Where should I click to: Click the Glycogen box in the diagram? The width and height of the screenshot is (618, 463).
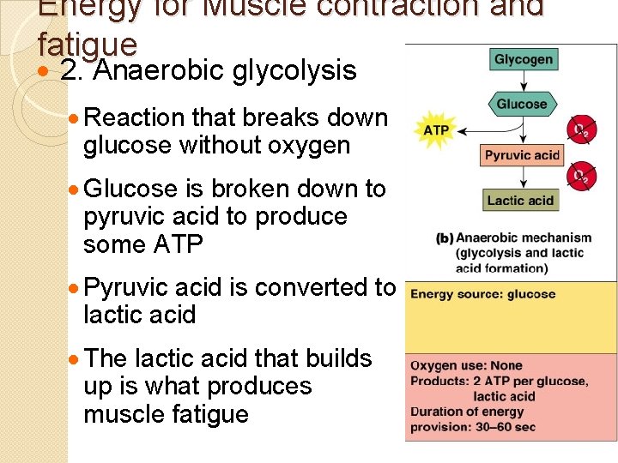click(524, 59)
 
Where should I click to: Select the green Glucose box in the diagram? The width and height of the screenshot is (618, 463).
click(521, 105)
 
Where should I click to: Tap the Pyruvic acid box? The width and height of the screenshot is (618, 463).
click(522, 155)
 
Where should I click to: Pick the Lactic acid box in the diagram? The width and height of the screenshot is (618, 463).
click(520, 201)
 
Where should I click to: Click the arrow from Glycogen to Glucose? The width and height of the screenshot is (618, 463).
click(523, 82)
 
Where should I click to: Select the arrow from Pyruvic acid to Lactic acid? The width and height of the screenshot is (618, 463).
click(522, 177)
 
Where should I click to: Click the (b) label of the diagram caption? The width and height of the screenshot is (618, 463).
click(445, 238)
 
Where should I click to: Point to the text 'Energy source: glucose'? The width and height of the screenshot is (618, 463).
click(482, 294)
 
